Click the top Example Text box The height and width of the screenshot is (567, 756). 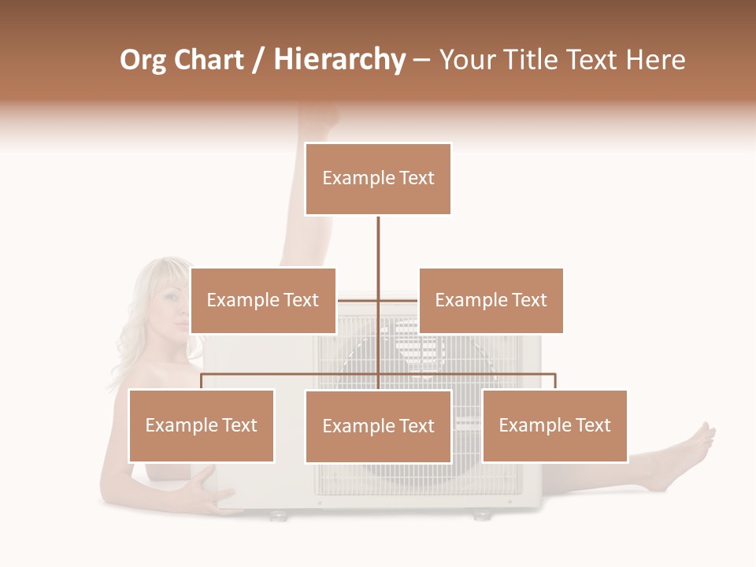[x=378, y=179]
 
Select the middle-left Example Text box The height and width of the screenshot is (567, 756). [x=263, y=300]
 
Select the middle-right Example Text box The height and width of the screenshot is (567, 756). [x=491, y=300]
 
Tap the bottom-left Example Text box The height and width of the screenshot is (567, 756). [x=202, y=425]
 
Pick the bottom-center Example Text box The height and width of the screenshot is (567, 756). [x=378, y=426]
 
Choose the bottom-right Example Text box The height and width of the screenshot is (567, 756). [x=554, y=425]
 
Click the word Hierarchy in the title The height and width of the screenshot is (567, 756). [x=339, y=60]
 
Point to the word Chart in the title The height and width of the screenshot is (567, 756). [x=210, y=60]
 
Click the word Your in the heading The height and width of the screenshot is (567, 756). [x=469, y=60]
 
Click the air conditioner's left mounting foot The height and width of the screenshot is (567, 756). [x=277, y=515]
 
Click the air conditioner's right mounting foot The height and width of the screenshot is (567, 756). [x=480, y=515]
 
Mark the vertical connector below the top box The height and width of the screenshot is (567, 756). [x=378, y=244]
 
